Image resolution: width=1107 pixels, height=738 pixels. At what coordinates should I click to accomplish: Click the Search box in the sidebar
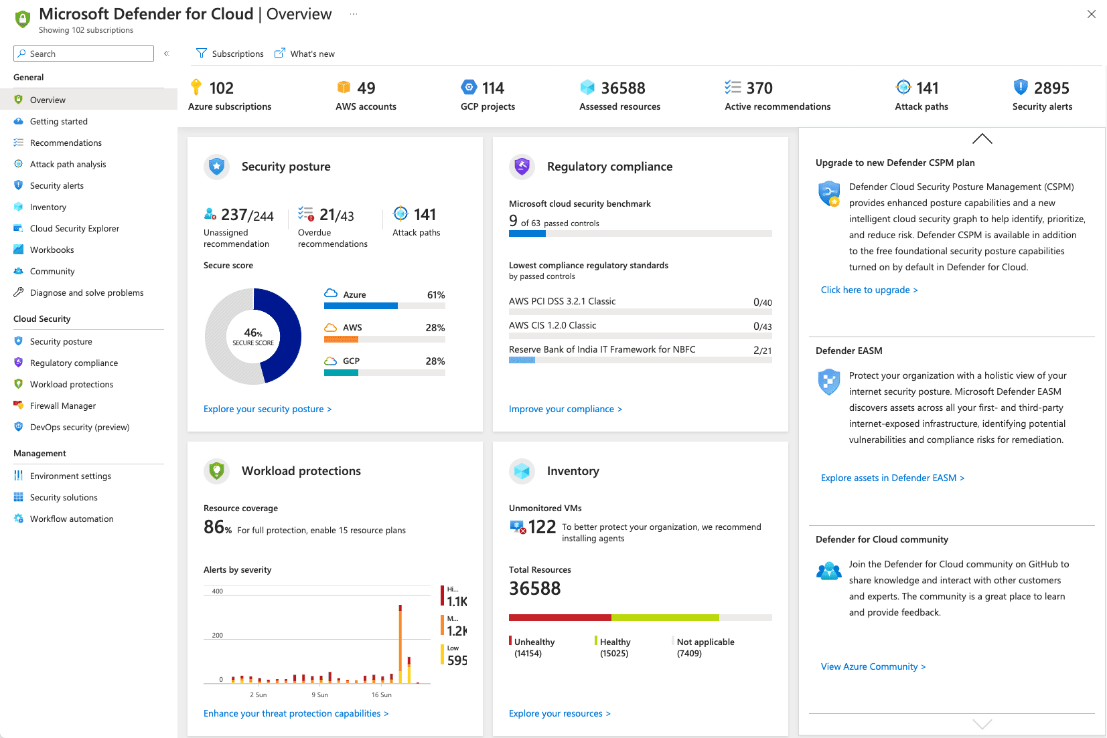[84, 54]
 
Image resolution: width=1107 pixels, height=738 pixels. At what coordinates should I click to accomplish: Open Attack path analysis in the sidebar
[68, 164]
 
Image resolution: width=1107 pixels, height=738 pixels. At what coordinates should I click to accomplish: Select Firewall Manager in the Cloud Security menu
[62, 405]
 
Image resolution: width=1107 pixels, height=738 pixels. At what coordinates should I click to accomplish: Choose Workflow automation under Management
[71, 519]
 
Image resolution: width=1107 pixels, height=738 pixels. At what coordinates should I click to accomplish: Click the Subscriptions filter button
[230, 54]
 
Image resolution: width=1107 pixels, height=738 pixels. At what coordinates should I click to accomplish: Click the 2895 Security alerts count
[1051, 88]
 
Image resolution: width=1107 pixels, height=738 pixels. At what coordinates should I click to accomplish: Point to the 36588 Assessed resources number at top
[622, 88]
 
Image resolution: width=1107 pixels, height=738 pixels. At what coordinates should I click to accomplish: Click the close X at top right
[1091, 14]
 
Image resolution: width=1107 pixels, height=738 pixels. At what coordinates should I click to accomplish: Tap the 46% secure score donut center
[253, 337]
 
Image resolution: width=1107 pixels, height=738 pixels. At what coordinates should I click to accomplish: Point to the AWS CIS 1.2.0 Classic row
[552, 325]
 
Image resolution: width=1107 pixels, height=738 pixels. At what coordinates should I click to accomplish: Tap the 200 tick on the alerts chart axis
[218, 635]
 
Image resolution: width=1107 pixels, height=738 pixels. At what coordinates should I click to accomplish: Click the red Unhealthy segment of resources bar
[559, 618]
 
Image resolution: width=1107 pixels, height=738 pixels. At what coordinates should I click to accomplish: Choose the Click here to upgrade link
[869, 290]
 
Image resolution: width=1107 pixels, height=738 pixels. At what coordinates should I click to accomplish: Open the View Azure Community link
[873, 666]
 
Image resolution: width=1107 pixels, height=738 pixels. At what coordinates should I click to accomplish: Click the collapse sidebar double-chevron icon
[166, 54]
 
